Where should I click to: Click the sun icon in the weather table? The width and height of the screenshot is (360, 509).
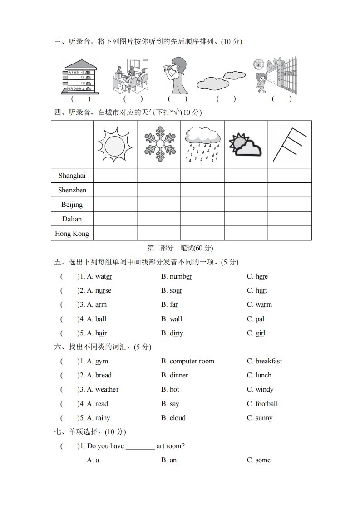(115, 144)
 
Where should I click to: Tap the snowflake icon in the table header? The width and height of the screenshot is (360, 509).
(158, 144)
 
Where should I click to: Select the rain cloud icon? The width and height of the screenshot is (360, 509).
(202, 144)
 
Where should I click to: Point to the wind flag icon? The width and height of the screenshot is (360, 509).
(289, 144)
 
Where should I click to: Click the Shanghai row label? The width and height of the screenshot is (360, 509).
(72, 176)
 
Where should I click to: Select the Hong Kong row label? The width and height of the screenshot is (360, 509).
(72, 234)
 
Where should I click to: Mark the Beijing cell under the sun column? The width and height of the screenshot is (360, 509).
(115, 204)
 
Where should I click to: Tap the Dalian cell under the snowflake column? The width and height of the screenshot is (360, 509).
(158, 219)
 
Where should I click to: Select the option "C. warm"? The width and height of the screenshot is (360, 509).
(259, 304)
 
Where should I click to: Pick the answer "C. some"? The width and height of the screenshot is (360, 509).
(259, 460)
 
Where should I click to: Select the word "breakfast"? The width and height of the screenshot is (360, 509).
(269, 361)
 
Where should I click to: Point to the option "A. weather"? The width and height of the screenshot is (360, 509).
(103, 389)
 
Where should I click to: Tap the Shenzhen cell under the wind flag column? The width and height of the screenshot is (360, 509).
(289, 190)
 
